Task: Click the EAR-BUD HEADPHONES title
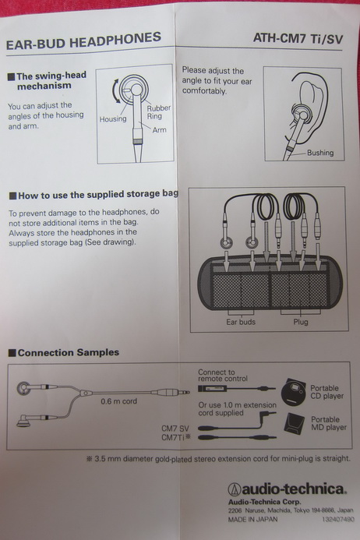click(x=83, y=41)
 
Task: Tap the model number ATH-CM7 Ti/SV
click(x=298, y=38)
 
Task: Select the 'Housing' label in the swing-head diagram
click(x=113, y=119)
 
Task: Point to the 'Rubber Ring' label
click(x=159, y=112)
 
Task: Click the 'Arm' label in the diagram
click(x=159, y=130)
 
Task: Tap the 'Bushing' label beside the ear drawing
click(x=320, y=153)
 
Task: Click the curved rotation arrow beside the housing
click(x=115, y=90)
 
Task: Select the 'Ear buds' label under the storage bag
click(x=241, y=322)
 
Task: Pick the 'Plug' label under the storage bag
click(x=301, y=322)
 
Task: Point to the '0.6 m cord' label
click(x=119, y=401)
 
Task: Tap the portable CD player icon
click(x=294, y=392)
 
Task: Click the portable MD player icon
click(x=295, y=422)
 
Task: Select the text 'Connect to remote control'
click(x=223, y=376)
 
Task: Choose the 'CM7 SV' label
click(x=175, y=429)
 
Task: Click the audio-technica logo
click(x=287, y=489)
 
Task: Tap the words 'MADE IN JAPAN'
click(x=252, y=519)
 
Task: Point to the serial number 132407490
click(x=338, y=519)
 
